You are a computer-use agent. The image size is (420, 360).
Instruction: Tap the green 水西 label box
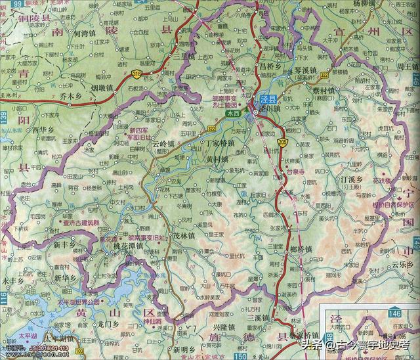pos(234,113)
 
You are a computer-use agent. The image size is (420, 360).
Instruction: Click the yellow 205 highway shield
pos(282,141)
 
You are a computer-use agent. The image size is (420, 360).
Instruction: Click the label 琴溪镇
pos(304,68)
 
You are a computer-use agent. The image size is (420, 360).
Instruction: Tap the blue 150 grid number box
pos(222,356)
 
